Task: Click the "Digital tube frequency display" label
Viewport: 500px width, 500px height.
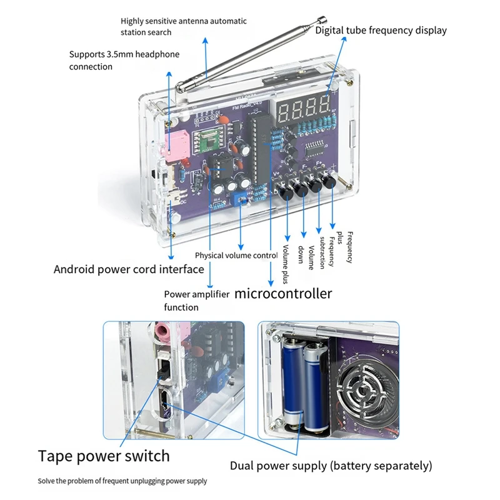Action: coord(381,30)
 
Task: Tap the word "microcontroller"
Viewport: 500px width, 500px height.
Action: coord(283,293)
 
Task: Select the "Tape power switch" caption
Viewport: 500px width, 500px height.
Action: coord(104,456)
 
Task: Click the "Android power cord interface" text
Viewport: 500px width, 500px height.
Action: coord(129,269)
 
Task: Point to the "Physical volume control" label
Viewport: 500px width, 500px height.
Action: coord(236,256)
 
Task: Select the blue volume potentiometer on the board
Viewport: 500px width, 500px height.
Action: coord(239,199)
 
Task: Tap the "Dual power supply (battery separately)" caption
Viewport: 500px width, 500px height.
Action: coord(331,466)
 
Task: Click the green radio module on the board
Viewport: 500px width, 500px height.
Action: coord(207,143)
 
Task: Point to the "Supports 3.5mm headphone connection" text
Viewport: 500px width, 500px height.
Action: coord(124,61)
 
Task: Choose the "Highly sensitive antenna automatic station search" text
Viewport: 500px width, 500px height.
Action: coord(183,26)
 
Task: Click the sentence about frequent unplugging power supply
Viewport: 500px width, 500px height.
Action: coord(122,481)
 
